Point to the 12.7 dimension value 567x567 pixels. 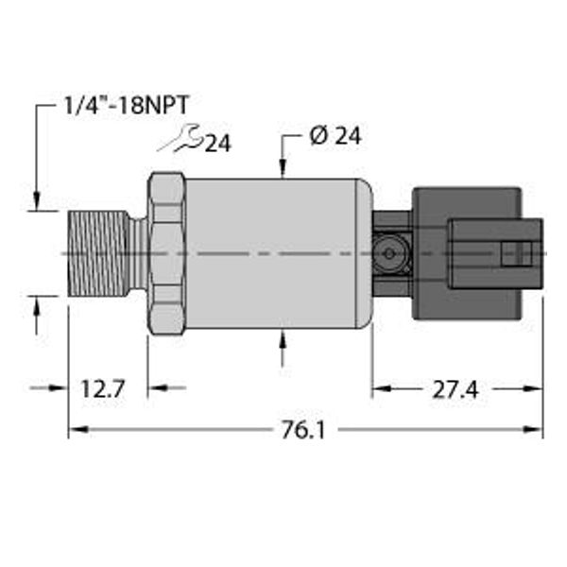[101, 387]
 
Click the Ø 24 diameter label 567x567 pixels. [335, 136]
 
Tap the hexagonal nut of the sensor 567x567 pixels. [166, 253]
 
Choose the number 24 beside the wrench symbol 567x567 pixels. [218, 144]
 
